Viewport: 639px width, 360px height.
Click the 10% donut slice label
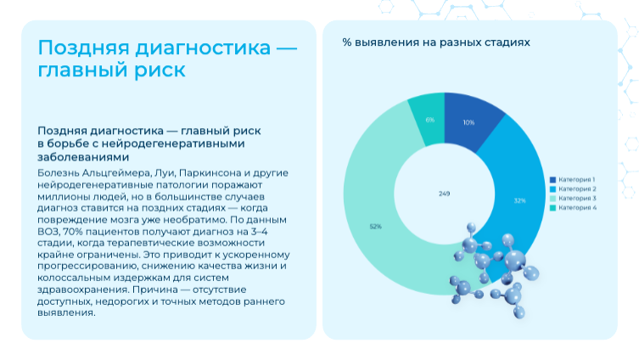468,122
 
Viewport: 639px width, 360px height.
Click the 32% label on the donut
519,201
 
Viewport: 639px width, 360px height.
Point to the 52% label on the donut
375,227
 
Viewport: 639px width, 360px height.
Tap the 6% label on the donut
430,120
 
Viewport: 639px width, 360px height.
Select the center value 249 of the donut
444,194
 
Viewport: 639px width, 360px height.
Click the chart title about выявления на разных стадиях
436,41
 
